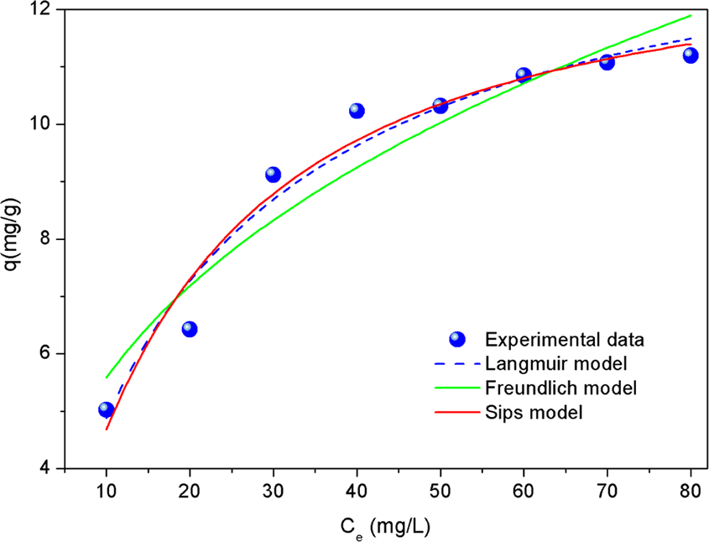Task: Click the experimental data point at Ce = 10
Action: (106, 409)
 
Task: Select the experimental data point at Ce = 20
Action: (190, 329)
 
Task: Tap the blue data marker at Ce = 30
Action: (273, 175)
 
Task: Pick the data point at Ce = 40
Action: (357, 111)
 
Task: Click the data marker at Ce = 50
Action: (440, 106)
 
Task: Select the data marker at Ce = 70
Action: (607, 62)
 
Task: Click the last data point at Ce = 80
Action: (691, 55)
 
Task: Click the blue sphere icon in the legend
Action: (456, 340)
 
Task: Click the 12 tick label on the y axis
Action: (43, 10)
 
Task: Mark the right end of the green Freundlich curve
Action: (691, 16)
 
